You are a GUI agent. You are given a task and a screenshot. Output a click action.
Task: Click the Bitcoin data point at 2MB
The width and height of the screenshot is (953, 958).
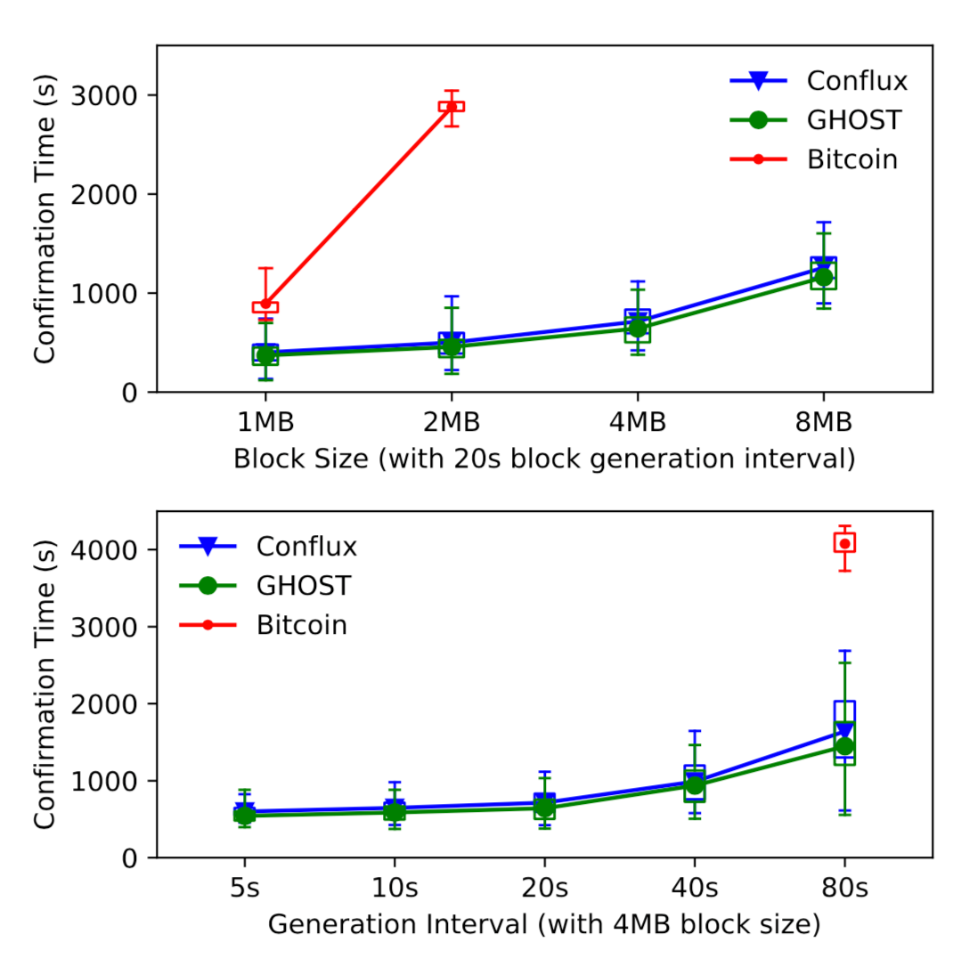pyautogui.click(x=452, y=106)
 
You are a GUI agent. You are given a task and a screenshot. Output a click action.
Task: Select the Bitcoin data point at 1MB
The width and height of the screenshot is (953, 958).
pyautogui.click(x=265, y=304)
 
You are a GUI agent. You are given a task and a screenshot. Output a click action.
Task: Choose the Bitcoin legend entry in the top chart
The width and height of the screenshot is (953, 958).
pyautogui.click(x=851, y=159)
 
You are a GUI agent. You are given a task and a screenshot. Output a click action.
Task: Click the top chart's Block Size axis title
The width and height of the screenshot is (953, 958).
pyautogui.click(x=544, y=459)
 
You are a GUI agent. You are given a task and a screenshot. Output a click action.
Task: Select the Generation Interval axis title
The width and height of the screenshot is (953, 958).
pyautogui.click(x=544, y=925)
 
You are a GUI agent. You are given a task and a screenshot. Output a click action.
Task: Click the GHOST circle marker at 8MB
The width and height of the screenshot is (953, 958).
pyautogui.click(x=823, y=278)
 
